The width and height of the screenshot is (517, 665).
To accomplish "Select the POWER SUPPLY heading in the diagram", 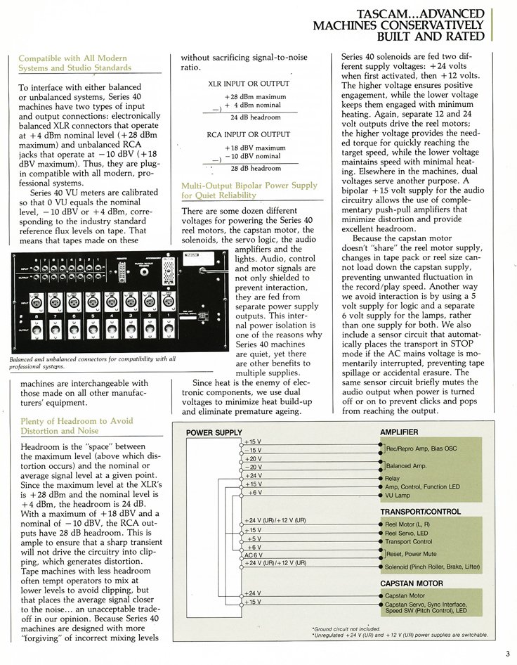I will [x=214, y=432].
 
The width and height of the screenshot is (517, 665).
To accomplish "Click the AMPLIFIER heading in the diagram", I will [x=399, y=432].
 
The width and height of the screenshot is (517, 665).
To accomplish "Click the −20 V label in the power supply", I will [x=254, y=467].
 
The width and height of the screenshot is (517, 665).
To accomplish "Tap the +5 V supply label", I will [x=254, y=539].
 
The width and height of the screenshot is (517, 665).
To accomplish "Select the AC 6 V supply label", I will [x=253, y=556].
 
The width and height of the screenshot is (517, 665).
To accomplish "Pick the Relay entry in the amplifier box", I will [x=393, y=478].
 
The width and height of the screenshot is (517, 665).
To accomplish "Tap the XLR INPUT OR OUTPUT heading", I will [x=240, y=83].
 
